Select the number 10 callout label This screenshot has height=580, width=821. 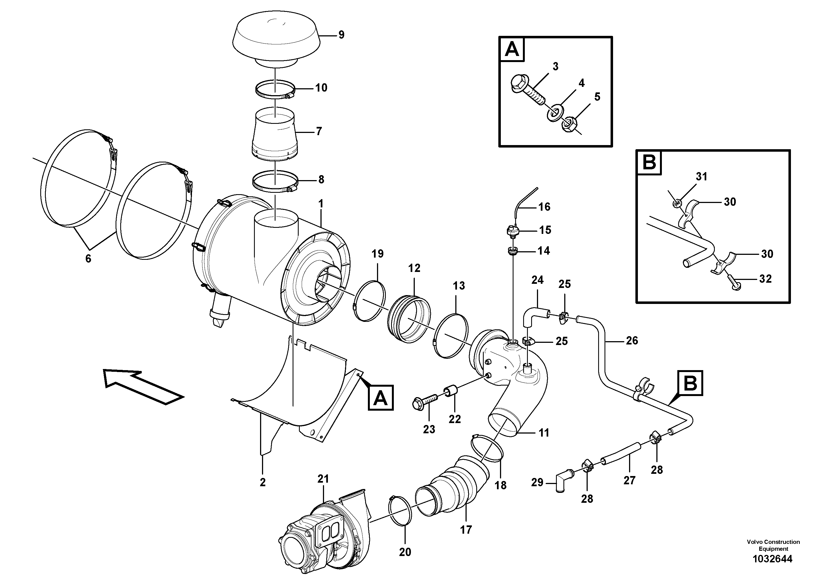tap(321, 88)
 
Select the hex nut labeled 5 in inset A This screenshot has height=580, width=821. tap(566, 125)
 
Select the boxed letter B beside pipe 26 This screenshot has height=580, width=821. tap(690, 383)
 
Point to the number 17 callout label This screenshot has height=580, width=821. tap(466, 529)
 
